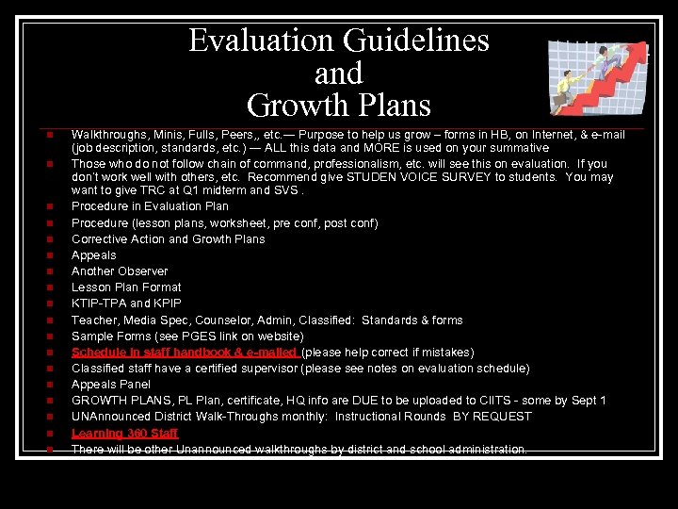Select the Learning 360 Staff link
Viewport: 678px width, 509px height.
124,433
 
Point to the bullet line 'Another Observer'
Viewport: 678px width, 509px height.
120,271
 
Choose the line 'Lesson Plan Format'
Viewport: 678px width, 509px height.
126,287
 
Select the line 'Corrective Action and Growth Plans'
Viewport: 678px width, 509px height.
168,239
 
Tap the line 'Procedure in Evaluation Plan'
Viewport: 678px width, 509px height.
150,206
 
